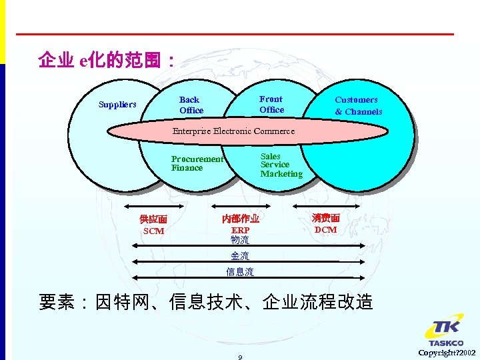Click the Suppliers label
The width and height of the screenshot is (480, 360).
pos(117,105)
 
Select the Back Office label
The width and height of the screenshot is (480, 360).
pos(191,105)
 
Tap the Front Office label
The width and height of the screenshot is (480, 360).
pos(271,105)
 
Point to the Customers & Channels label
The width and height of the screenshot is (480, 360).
pos(358,106)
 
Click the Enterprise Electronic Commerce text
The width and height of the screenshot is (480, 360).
pos(233,131)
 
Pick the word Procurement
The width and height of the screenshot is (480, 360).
pos(197,159)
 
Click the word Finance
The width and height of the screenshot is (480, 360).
pos(187,168)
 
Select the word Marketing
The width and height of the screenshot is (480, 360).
pos(281,174)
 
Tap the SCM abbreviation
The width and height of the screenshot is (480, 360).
pos(153,231)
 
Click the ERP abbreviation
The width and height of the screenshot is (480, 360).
pos(240,231)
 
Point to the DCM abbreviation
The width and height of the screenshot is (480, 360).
pos(325,230)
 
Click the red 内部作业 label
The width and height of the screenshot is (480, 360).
pos(240,219)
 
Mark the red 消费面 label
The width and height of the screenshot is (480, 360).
pos(325,218)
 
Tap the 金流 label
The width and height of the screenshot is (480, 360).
pos(240,256)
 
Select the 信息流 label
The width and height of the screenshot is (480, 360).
pos(240,272)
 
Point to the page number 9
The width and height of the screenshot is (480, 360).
pos(240,357)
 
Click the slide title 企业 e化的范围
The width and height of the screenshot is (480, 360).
pos(107,61)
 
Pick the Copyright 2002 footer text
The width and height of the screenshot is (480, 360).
pos(447,352)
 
